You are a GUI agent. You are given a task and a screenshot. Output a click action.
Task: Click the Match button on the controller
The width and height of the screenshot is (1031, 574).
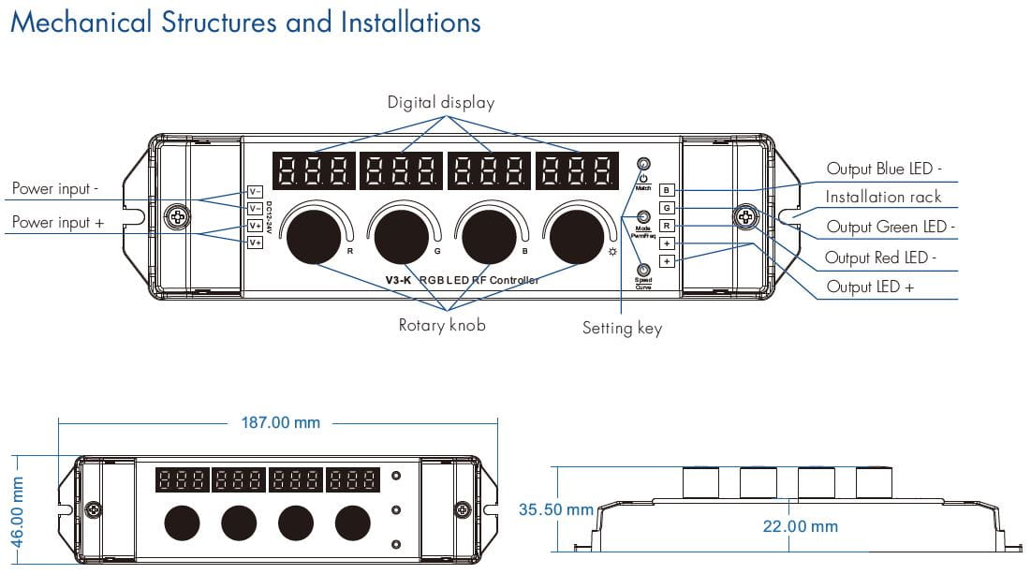click(x=643, y=164)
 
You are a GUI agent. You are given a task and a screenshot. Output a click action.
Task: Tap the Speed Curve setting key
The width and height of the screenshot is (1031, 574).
click(x=643, y=269)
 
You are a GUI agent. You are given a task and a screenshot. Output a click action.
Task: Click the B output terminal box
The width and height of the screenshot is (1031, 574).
click(x=666, y=190)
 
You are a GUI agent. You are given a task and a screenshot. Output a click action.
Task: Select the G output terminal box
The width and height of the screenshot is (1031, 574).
click(x=666, y=208)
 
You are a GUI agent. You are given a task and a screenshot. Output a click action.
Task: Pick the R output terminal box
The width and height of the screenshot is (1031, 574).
click(x=666, y=226)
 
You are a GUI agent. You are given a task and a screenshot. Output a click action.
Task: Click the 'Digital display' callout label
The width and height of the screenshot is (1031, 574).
click(x=441, y=102)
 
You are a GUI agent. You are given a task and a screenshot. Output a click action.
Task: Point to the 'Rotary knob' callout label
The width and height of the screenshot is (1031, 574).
click(x=442, y=326)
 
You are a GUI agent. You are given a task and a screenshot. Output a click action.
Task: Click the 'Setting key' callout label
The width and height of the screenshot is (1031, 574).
click(x=622, y=328)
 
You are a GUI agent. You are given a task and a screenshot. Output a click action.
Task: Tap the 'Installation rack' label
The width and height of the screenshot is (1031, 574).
click(x=883, y=197)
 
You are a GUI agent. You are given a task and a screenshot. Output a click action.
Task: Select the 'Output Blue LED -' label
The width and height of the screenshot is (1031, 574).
click(x=883, y=169)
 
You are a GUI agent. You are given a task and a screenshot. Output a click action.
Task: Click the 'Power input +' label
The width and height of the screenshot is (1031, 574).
click(x=58, y=222)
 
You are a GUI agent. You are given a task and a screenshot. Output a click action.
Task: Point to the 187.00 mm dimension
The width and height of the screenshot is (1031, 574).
click(x=280, y=422)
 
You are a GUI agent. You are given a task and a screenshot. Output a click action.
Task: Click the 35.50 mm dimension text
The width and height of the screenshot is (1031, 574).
click(x=556, y=509)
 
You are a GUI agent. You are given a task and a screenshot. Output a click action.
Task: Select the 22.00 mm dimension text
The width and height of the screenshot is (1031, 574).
click(x=801, y=525)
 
